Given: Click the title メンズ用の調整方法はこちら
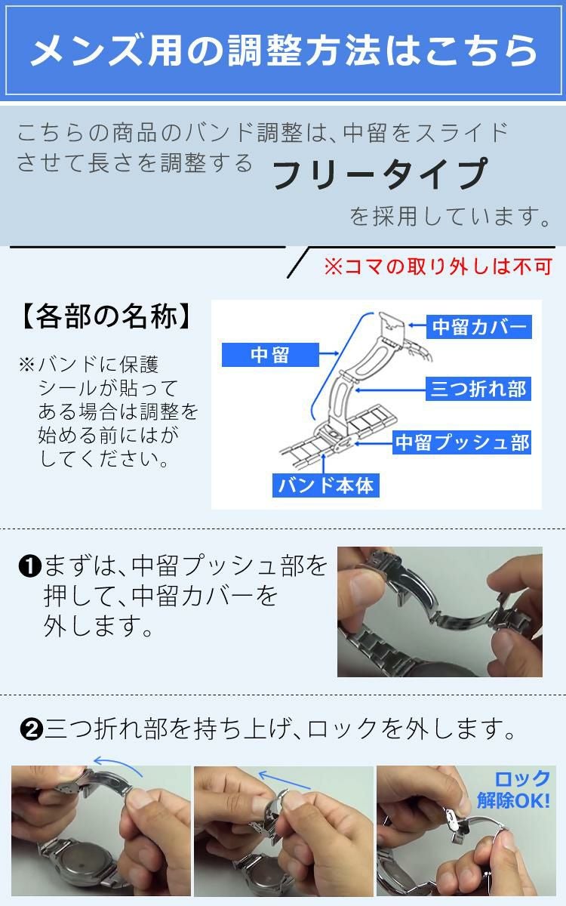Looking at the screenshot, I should [x=283, y=50].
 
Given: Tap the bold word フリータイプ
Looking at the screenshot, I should [x=379, y=174].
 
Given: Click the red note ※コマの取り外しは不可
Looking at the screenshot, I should [x=438, y=267].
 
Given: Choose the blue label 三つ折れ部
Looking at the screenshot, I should [x=477, y=390].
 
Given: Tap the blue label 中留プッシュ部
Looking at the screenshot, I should [x=463, y=442].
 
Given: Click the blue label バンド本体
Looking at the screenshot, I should [x=325, y=485].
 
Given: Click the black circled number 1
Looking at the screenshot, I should [x=29, y=565].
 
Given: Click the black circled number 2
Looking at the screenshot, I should [x=31, y=730].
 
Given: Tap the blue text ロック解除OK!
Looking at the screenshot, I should [x=513, y=789].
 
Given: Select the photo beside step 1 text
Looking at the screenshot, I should [x=439, y=612].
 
